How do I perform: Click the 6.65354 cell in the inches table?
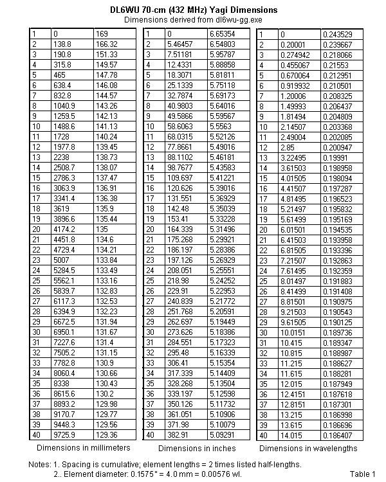coord(222,33)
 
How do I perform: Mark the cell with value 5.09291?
coord(222,434)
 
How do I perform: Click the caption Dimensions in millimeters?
coord(84,447)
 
